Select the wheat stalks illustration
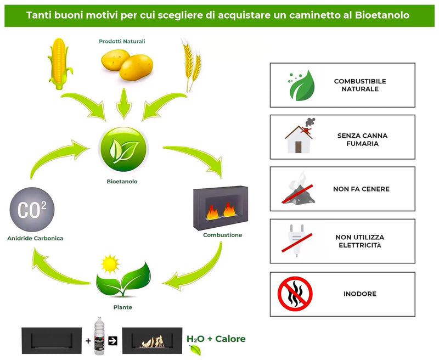[190, 65]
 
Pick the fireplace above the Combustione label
[221, 206]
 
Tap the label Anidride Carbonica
[36, 238]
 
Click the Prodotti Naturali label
[122, 41]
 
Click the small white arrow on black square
[114, 341]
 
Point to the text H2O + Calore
[216, 339]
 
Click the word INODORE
[360, 294]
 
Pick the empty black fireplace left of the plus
[52, 341]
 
